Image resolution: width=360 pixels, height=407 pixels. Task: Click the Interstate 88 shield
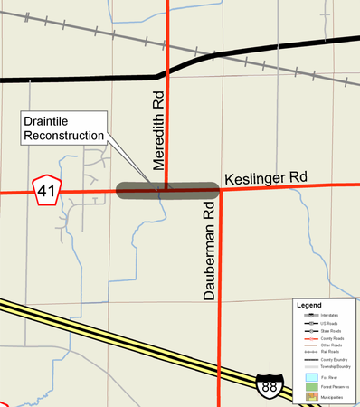(268, 387)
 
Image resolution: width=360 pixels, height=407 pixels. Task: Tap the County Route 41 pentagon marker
(45, 191)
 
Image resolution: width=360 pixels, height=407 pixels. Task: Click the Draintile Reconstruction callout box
(63, 128)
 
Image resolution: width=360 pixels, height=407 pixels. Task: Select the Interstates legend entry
(330, 316)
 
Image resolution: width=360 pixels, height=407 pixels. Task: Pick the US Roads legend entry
(330, 323)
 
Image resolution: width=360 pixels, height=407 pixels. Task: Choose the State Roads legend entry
(330, 330)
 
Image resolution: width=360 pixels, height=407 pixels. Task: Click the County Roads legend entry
(330, 337)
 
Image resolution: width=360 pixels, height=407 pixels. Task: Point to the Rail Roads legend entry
(330, 352)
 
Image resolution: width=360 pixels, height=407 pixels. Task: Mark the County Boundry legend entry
(330, 359)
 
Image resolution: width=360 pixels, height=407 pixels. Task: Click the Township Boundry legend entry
(330, 366)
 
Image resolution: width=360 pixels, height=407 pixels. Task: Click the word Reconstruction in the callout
(63, 136)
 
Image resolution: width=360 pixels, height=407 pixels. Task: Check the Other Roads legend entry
(330, 345)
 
